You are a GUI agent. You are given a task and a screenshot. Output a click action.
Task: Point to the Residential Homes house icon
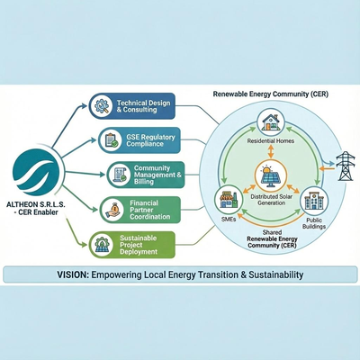point(269,121)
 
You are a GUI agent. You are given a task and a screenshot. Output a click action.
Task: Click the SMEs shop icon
point(226,200)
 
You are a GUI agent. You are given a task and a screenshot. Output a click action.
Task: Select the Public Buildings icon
point(312,199)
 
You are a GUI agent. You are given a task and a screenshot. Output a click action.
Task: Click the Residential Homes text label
point(269,142)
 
